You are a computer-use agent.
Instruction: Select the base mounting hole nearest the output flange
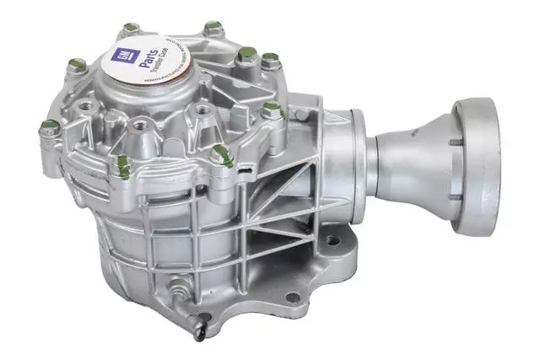[334, 241]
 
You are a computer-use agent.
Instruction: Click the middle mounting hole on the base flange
[292, 297]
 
